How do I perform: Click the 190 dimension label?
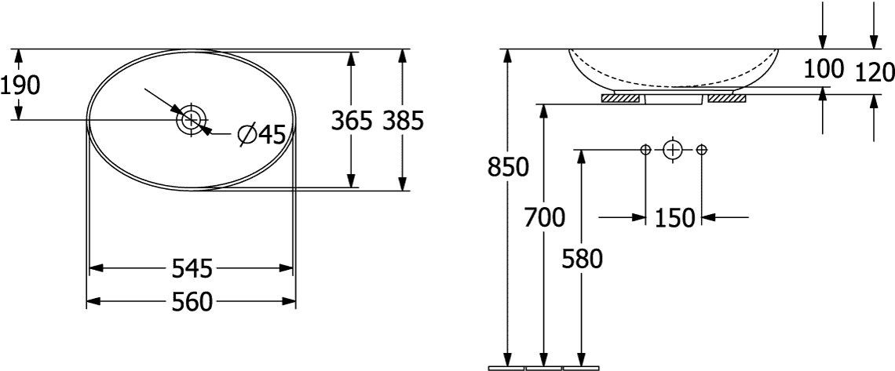pos(20,85)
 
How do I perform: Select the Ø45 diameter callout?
pos(261,136)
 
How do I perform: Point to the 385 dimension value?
pos(403,120)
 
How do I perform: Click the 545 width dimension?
pos(192,269)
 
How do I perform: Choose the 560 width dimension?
pos(192,301)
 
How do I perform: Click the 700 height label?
pos(544,217)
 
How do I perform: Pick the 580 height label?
pos(582,258)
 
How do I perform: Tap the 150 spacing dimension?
pos(674,217)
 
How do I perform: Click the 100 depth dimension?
pos(823,70)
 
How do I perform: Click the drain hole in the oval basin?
pos(191,120)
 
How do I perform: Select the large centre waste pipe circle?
pos(673,149)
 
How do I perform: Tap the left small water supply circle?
pos(645,149)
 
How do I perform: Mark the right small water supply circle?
pos(702,149)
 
